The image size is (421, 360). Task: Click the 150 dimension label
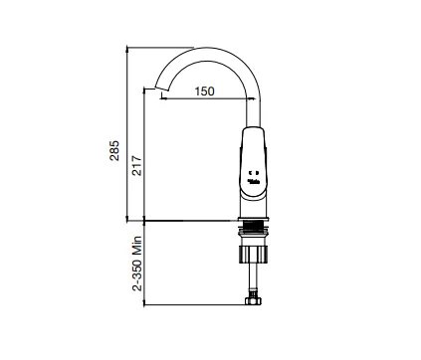click(204, 91)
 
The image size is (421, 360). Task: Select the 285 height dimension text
click(114, 151)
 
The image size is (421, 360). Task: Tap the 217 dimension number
click(136, 165)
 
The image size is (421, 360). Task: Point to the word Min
click(137, 246)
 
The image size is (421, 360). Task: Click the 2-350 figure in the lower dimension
click(137, 274)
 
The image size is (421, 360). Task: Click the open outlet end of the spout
click(162, 89)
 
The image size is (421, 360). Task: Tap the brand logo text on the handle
click(254, 181)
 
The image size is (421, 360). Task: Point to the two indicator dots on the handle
click(254, 172)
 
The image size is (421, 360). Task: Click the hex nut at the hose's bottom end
click(253, 301)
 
